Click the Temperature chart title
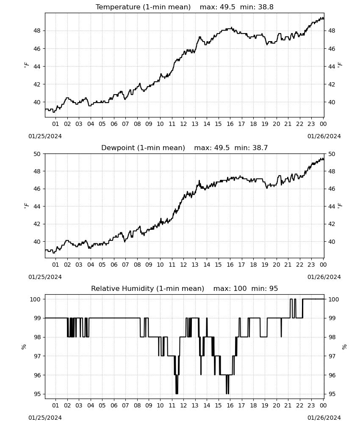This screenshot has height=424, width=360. [185, 7]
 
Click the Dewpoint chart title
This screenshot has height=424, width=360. [185, 148]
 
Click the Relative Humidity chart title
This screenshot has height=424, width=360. [185, 288]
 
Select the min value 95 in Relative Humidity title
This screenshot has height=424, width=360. [274, 288]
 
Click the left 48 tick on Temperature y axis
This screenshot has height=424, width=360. [37, 31]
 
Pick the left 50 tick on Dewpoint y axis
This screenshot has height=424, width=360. [37, 154]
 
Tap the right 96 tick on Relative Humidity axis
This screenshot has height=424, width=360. [332, 375]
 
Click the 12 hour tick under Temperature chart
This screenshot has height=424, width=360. [183, 124]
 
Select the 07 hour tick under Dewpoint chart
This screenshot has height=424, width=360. [125, 265]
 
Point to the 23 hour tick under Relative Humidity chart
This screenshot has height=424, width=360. [311, 405]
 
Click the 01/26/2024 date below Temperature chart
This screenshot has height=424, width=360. [324, 136]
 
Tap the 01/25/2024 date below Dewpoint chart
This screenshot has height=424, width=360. [45, 277]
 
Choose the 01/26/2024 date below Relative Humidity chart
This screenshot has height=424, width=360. [324, 418]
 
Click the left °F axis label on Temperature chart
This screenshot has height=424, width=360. [26, 65]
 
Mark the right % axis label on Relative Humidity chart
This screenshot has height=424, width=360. [344, 347]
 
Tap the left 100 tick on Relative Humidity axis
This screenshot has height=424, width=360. [35, 299]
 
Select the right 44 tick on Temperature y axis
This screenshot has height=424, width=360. [332, 67]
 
